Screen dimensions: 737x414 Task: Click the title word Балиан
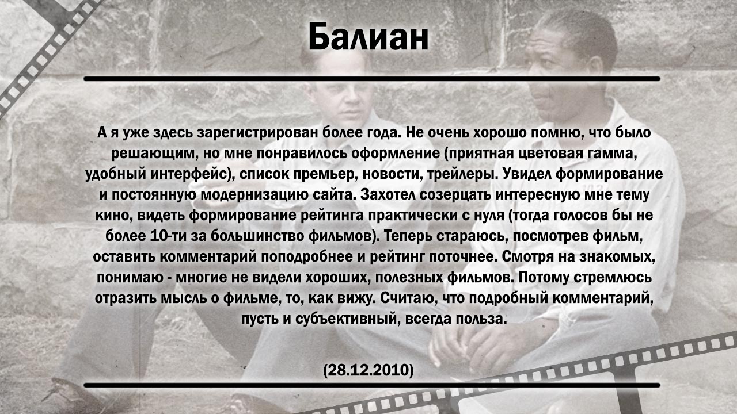click(x=368, y=36)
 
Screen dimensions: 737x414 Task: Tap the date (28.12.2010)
click(x=368, y=370)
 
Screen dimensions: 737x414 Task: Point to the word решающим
click(x=154, y=154)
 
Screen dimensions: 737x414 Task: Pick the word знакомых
click(x=617, y=257)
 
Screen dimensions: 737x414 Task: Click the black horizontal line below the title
click(x=372, y=79)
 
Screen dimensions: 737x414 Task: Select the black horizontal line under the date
click(x=372, y=385)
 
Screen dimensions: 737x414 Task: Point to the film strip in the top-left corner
click(x=50, y=52)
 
